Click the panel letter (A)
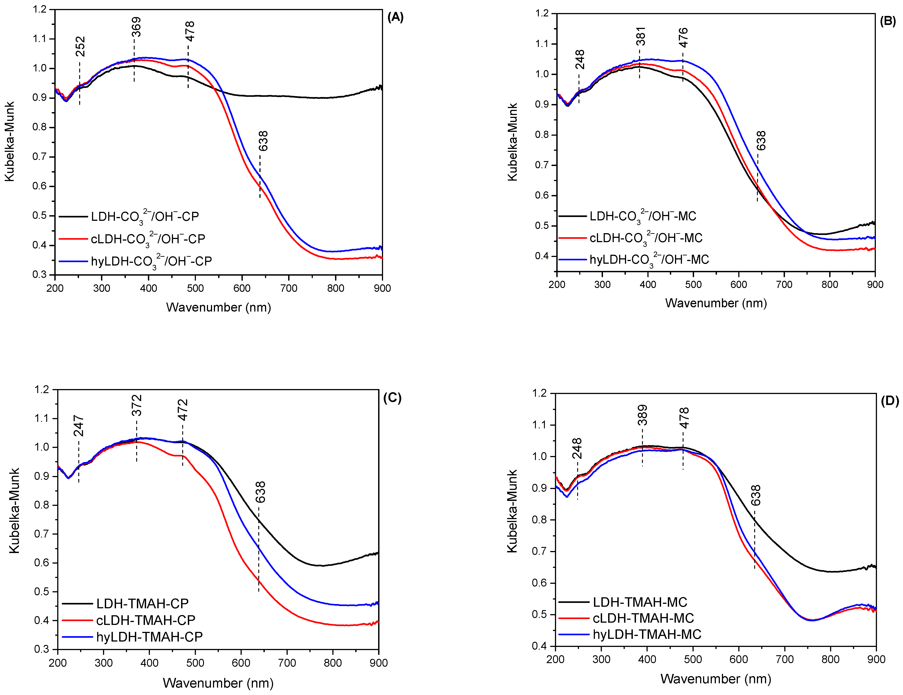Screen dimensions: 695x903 click(x=395, y=17)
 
